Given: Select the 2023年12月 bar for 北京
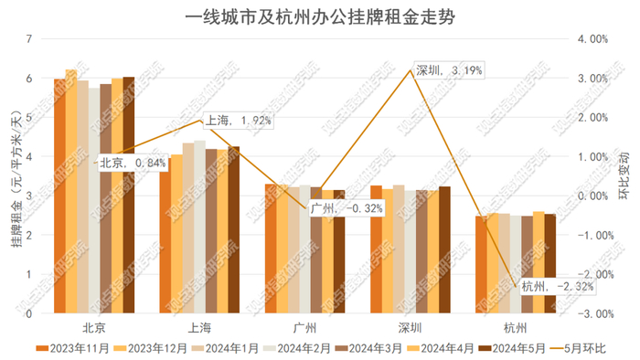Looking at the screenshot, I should pyautogui.click(x=71, y=192).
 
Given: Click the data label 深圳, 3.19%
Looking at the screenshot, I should pyautogui.click(x=448, y=69).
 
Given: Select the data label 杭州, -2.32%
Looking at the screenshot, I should pyautogui.click(x=558, y=287).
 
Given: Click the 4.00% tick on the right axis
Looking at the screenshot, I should pyautogui.click(x=592, y=39).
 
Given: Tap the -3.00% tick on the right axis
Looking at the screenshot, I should pyautogui.click(x=592, y=313).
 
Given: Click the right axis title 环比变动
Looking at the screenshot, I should pyautogui.click(x=625, y=176).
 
